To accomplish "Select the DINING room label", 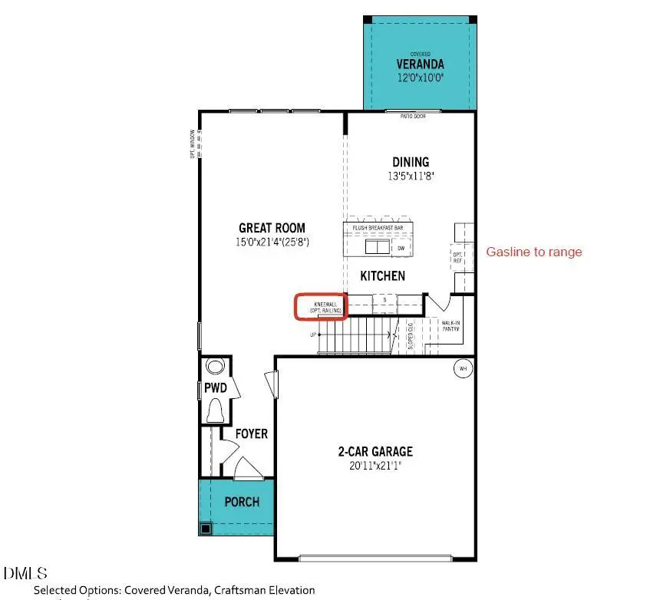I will (x=411, y=162).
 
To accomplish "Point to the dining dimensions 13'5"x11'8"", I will (x=411, y=175).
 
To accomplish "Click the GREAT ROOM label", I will (x=272, y=228).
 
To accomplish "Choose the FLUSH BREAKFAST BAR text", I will (x=378, y=228).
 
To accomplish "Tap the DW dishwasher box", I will (x=401, y=248).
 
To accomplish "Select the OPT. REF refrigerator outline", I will (x=459, y=258).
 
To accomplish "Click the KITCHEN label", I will (x=382, y=275).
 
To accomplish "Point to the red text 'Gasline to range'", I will (x=534, y=252).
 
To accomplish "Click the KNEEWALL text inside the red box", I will (x=322, y=303).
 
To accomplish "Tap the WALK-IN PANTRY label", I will (x=451, y=326).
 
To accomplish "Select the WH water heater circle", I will (x=463, y=368).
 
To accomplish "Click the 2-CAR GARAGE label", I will (x=376, y=451).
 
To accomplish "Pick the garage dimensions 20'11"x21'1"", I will (x=376, y=465).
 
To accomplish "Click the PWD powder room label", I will (x=215, y=389).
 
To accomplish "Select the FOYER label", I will (x=251, y=434).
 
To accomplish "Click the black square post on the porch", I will (x=205, y=529).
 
